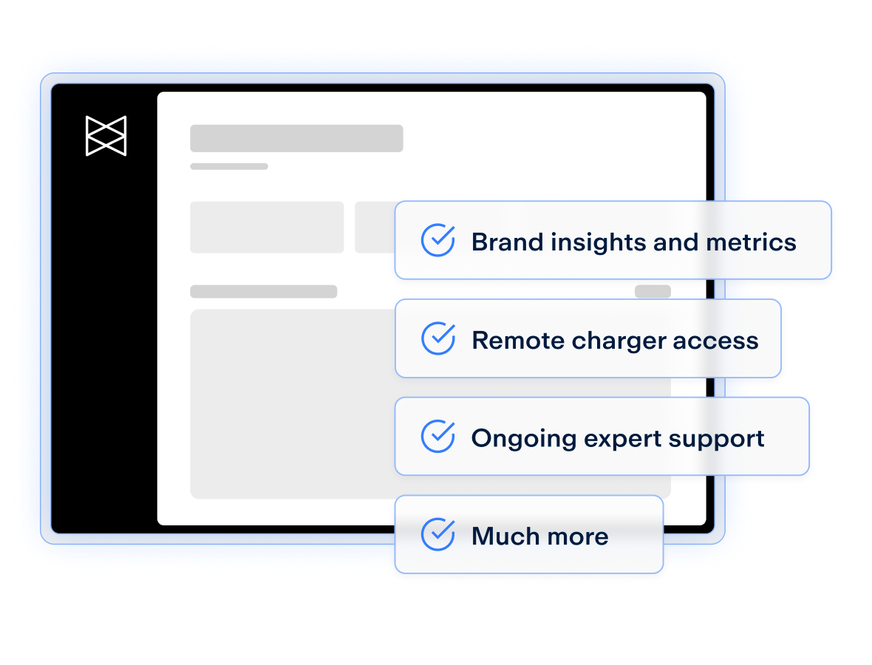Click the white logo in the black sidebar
[x=106, y=136]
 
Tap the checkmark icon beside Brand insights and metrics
[x=438, y=239]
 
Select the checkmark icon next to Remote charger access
[x=438, y=338]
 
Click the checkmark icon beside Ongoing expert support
[x=438, y=436]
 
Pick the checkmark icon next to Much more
[x=438, y=533]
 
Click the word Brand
[x=507, y=242]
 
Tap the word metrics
[x=751, y=242]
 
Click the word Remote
[x=518, y=341]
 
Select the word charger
[x=619, y=341]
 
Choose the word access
[x=715, y=341]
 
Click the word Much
[x=505, y=536]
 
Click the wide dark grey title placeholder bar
[x=296, y=138]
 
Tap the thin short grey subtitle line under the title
[x=229, y=166]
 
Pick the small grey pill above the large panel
[x=653, y=291]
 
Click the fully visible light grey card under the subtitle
[x=267, y=228]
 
